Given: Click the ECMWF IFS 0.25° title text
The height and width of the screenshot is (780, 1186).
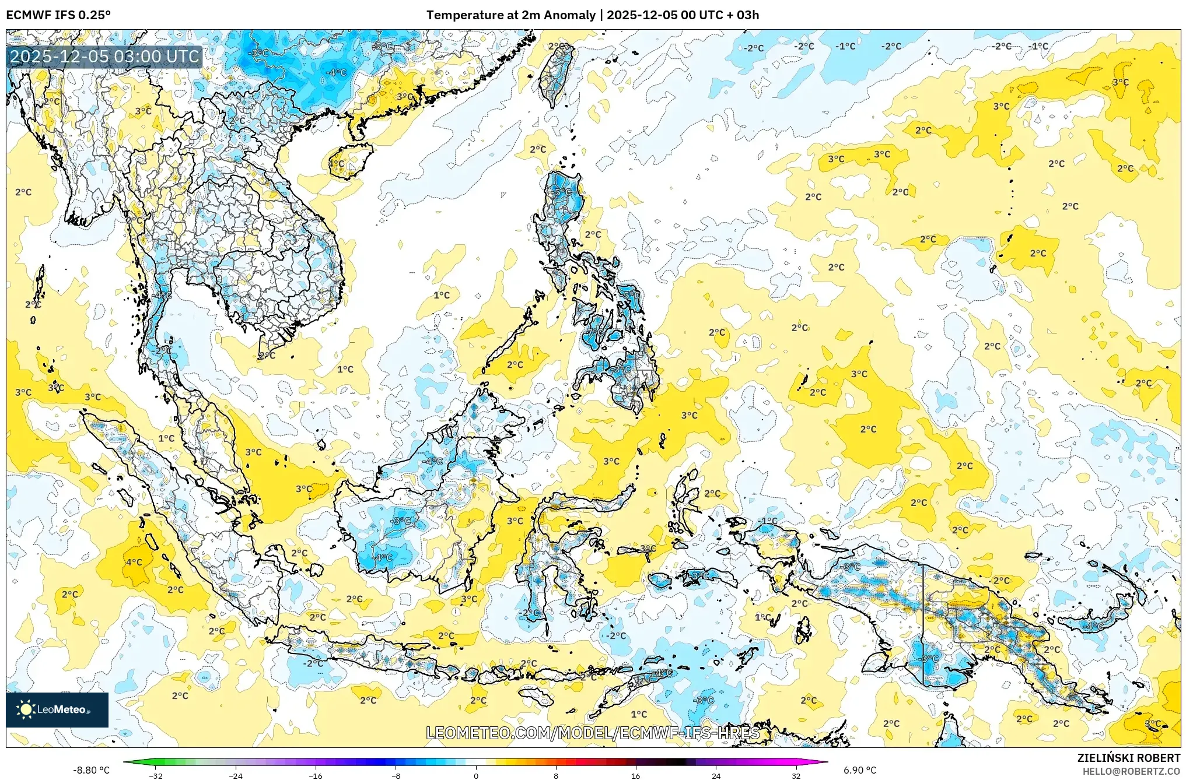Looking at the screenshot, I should pyautogui.click(x=58, y=15).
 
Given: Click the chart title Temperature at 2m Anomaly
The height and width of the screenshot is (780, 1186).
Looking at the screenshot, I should pyautogui.click(x=511, y=15).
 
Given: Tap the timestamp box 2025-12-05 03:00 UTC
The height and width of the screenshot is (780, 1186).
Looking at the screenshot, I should pyautogui.click(x=105, y=57).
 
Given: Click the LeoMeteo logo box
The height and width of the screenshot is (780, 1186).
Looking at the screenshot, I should pyautogui.click(x=57, y=709).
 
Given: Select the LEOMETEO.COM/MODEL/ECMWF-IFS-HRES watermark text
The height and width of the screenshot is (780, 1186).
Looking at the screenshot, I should pyautogui.click(x=593, y=733).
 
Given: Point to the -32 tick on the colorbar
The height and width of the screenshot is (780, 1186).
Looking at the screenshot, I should pyautogui.click(x=156, y=775).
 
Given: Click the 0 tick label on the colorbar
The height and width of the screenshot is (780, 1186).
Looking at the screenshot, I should pyautogui.click(x=476, y=775).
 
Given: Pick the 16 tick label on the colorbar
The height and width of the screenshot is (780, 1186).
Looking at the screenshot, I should pyautogui.click(x=636, y=775).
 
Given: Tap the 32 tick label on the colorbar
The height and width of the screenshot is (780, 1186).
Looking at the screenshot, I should pyautogui.click(x=796, y=775).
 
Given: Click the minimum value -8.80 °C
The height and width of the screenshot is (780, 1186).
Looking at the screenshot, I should pyautogui.click(x=91, y=770).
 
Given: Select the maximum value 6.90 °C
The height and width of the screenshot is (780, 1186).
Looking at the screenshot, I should pyautogui.click(x=860, y=770).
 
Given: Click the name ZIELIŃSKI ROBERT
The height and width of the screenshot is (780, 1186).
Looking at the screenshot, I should pyautogui.click(x=1128, y=758).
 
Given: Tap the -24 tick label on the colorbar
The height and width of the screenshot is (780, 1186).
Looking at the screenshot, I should pyautogui.click(x=236, y=775).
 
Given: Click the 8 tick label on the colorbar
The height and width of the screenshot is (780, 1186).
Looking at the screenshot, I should pyautogui.click(x=556, y=775).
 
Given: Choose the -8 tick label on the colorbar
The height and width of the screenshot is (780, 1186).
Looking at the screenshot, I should pyautogui.click(x=396, y=775).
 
